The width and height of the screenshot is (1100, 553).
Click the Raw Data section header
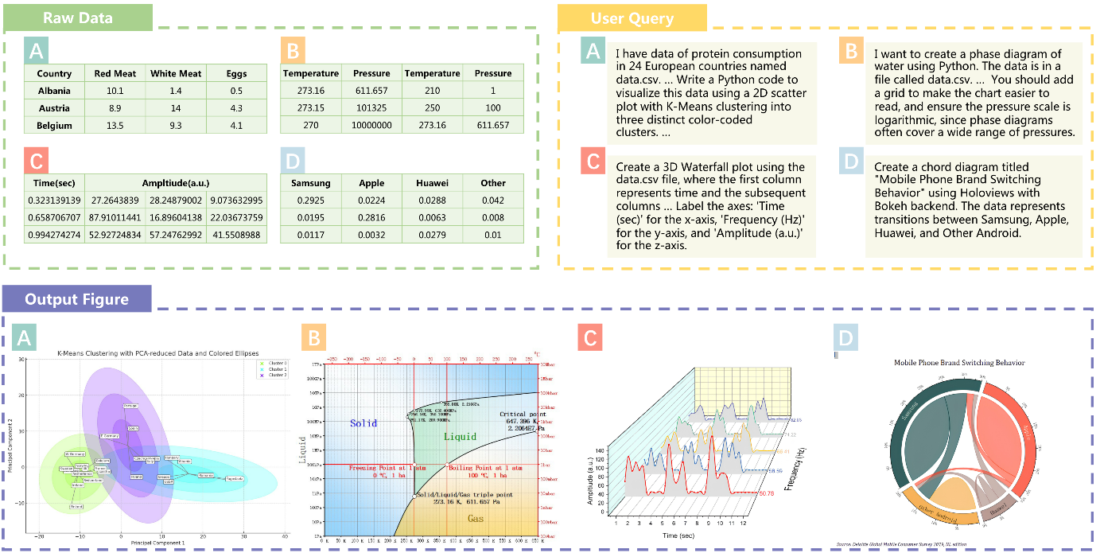78,18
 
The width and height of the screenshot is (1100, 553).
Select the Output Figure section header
76,299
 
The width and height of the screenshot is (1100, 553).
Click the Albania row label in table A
54,91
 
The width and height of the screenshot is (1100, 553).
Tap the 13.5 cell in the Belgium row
115,126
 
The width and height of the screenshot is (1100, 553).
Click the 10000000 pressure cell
371,126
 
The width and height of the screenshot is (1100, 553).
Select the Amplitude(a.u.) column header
175,183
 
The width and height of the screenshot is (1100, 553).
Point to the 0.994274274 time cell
55,235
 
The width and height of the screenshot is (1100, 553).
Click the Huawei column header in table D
432,183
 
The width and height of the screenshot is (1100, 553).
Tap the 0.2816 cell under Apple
371,217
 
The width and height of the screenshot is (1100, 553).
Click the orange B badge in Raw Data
293,52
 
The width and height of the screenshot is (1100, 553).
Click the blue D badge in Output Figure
845,337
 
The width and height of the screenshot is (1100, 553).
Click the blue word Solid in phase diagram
363,423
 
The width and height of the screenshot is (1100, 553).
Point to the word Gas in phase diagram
475,518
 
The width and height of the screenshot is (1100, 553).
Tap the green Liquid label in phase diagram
461,436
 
